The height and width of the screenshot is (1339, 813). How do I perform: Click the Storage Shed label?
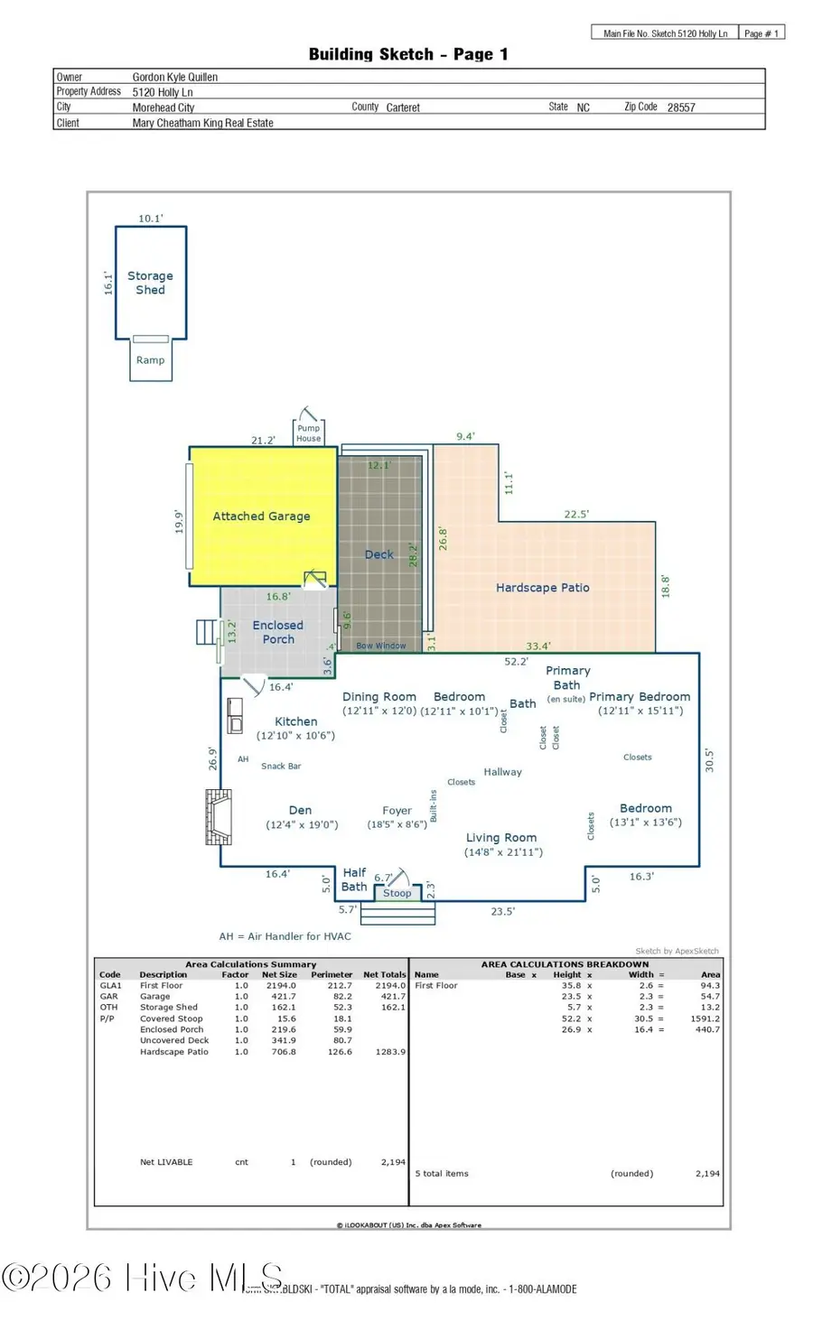pyautogui.click(x=150, y=283)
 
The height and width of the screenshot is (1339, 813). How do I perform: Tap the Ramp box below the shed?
pyautogui.click(x=150, y=360)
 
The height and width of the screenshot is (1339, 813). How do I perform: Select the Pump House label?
pyautogui.click(x=309, y=433)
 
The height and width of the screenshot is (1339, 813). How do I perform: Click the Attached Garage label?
pyautogui.click(x=261, y=516)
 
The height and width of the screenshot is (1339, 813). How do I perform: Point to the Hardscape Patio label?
pyautogui.click(x=542, y=588)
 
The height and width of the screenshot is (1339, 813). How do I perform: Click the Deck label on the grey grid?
pyautogui.click(x=378, y=554)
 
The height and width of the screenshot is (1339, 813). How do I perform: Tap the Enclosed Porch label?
pyautogui.click(x=278, y=632)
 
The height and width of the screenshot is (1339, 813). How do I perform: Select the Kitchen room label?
pyautogui.click(x=295, y=721)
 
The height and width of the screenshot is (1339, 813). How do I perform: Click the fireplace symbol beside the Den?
pyautogui.click(x=219, y=816)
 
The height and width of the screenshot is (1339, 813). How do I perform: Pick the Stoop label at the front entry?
pyautogui.click(x=397, y=893)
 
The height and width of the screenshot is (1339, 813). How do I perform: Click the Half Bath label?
pyautogui.click(x=354, y=879)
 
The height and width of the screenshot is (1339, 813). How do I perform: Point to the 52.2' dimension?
pyautogui.click(x=516, y=662)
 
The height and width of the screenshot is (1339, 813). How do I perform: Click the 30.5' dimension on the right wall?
pyautogui.click(x=709, y=759)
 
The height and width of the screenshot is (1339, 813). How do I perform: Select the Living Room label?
pyautogui.click(x=501, y=838)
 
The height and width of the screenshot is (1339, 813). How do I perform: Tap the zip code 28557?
pyautogui.click(x=681, y=107)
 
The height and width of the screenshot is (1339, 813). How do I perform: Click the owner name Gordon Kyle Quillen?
pyautogui.click(x=175, y=78)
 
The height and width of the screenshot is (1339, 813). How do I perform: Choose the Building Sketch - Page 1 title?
pyautogui.click(x=408, y=54)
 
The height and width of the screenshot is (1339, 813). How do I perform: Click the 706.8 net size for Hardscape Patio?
pyautogui.click(x=284, y=1052)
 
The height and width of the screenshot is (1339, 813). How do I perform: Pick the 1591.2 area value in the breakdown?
pyautogui.click(x=705, y=1018)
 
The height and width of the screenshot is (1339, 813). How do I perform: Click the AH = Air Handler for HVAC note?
pyautogui.click(x=285, y=936)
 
